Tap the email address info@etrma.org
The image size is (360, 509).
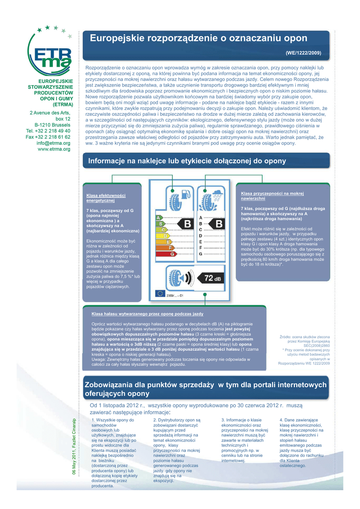[53, 143]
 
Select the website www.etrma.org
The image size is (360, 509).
[54, 149]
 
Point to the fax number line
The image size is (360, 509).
[48, 137]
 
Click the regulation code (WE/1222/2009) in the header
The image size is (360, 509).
[303, 53]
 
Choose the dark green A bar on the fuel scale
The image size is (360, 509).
[159, 218]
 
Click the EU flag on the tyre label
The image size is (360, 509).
[160, 293]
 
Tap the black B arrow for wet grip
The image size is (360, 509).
[217, 225]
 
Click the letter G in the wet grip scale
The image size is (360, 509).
[200, 254]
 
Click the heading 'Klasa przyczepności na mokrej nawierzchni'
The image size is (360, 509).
[272, 195]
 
